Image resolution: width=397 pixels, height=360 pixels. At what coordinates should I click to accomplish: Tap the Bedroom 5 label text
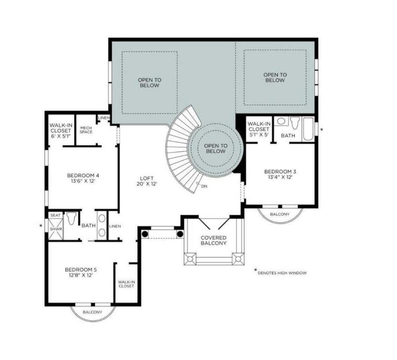pyautogui.click(x=81, y=272)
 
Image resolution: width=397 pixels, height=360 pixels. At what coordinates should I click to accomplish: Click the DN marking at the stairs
pyautogui.click(x=204, y=186)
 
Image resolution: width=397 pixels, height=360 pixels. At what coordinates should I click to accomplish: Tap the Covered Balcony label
pyautogui.click(x=213, y=240)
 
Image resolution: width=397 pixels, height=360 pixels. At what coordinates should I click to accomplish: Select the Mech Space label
pyautogui.click(x=86, y=129)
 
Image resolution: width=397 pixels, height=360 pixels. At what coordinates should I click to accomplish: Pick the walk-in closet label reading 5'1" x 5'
pyautogui.click(x=259, y=129)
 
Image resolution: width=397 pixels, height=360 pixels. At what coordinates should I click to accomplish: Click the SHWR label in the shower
pyautogui.click(x=55, y=230)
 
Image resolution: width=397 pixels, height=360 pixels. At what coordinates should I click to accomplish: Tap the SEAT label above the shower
pyautogui.click(x=55, y=216)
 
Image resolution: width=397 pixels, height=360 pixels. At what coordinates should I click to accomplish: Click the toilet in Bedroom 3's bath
pyautogui.click(x=295, y=124)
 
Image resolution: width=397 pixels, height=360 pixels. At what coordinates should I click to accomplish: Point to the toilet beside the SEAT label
pyautogui.click(x=72, y=219)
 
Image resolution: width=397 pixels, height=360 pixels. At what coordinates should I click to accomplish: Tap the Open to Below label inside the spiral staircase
pyautogui.click(x=215, y=149)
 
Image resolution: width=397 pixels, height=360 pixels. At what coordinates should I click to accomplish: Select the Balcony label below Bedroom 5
pyautogui.click(x=92, y=312)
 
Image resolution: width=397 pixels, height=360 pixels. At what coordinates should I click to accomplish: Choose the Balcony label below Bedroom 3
pyautogui.click(x=280, y=214)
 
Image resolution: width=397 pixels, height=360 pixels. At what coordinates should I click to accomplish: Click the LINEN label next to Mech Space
pyautogui.click(x=104, y=118)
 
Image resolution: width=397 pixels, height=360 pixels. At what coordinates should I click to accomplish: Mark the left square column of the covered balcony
pyautogui.click(x=190, y=258)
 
